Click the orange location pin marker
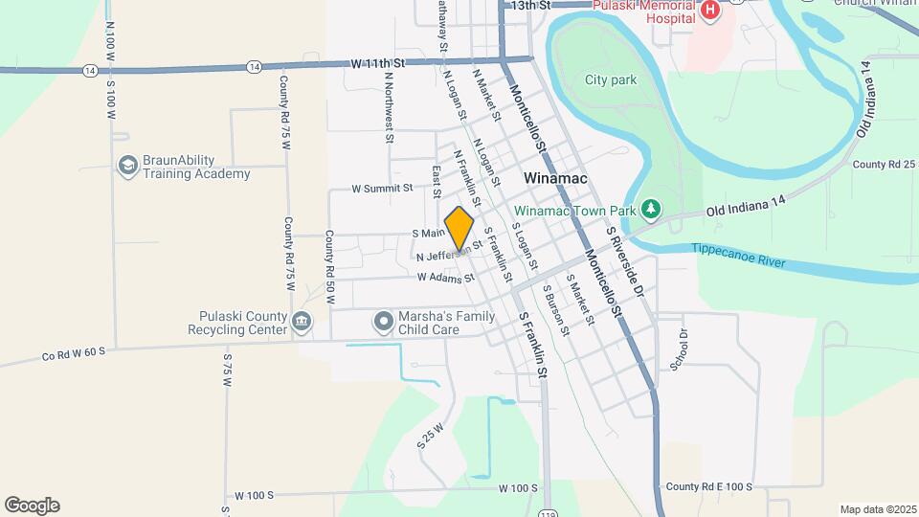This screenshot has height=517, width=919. click(459, 230)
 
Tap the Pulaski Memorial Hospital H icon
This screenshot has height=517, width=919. click(710, 11)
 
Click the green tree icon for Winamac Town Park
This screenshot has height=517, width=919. click(651, 209)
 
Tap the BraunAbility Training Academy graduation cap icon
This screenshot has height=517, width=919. click(127, 167)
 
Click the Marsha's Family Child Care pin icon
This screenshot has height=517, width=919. click(384, 320)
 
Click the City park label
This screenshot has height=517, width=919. click(611, 80)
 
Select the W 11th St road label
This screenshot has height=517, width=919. click(379, 63)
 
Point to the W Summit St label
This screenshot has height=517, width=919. click(381, 189)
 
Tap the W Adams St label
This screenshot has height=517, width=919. click(445, 278)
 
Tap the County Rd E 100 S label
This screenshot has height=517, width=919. click(708, 487)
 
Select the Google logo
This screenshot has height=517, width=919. click(32, 506)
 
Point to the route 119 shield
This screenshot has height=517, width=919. click(548, 513)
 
